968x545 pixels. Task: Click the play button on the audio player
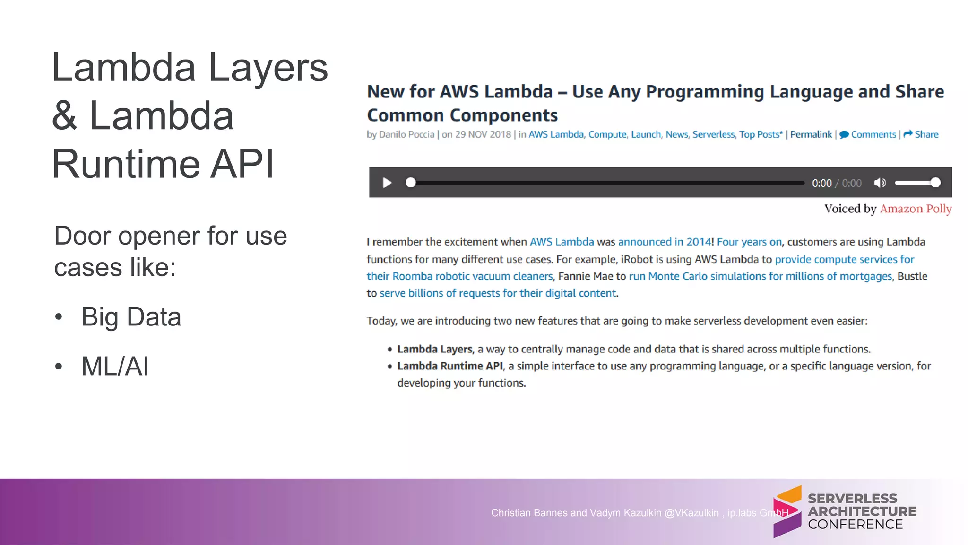point(387,183)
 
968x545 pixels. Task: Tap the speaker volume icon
point(880,183)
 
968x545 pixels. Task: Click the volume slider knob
point(935,183)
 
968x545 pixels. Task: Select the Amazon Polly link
point(916,209)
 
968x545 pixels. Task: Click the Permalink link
point(811,134)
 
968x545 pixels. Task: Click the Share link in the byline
point(921,134)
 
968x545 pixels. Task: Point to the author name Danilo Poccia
point(406,134)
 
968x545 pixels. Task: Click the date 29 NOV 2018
point(483,134)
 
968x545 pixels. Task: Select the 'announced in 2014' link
point(664,242)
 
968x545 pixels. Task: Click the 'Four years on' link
point(749,242)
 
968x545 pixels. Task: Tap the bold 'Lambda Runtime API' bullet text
point(450,366)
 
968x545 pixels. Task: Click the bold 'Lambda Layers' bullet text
point(435,349)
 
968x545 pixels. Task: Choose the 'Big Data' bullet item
point(131,316)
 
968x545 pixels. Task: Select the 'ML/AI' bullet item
point(115,366)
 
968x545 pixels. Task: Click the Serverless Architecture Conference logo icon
point(787,511)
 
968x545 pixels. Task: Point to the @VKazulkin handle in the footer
point(691,513)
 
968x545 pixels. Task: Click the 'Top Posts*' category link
point(761,134)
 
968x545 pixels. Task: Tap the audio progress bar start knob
point(411,183)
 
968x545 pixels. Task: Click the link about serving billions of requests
point(498,293)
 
